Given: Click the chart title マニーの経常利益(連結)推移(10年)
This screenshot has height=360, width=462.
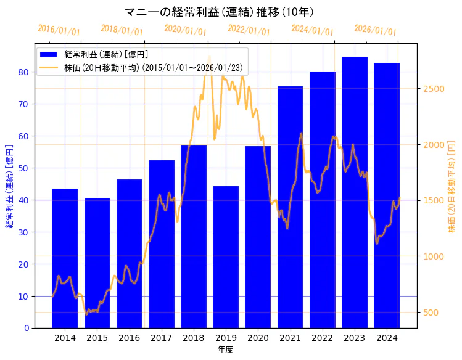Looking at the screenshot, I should tap(219, 12).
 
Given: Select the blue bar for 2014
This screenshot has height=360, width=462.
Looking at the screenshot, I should tap(65, 259).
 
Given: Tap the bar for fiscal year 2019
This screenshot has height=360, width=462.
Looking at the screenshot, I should tap(226, 259).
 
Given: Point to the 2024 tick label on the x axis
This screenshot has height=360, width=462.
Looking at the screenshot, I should tap(387, 338).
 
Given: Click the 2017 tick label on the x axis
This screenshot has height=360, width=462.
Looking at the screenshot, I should tap(161, 338).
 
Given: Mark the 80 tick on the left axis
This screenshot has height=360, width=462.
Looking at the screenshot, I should tap(23, 72).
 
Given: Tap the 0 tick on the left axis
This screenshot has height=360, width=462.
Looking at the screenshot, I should tap(26, 328).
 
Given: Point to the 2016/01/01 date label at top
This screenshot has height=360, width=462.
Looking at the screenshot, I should tap(59, 30).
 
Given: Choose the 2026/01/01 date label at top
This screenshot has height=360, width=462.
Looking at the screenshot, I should tap(375, 30).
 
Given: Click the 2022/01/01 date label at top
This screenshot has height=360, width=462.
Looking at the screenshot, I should tap(249, 30).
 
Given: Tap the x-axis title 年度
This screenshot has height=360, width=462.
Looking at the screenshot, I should tap(226, 350).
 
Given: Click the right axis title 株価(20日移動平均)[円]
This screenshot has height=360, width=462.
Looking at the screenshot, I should tap(452, 186).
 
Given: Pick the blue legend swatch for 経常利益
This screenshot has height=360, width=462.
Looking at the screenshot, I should tap(49, 54).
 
